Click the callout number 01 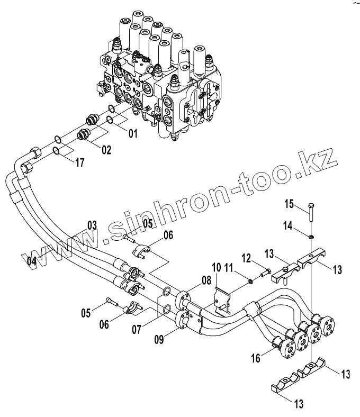click(132, 134)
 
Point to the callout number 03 click(92, 226)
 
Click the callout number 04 click(31, 261)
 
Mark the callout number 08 click(206, 280)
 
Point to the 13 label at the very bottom click(299, 405)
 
